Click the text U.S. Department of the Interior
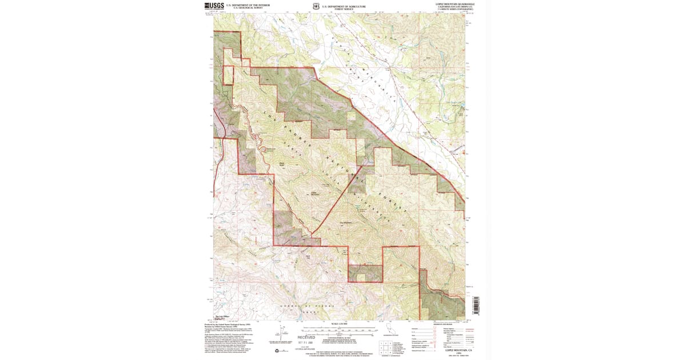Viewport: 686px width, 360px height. tap(248, 5)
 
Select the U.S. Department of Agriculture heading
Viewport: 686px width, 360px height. tap(343, 5)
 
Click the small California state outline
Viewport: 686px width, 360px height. tap(390, 331)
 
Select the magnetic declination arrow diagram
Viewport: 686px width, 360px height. tap(282, 332)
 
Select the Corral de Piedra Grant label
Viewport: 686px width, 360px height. tap(300, 307)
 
